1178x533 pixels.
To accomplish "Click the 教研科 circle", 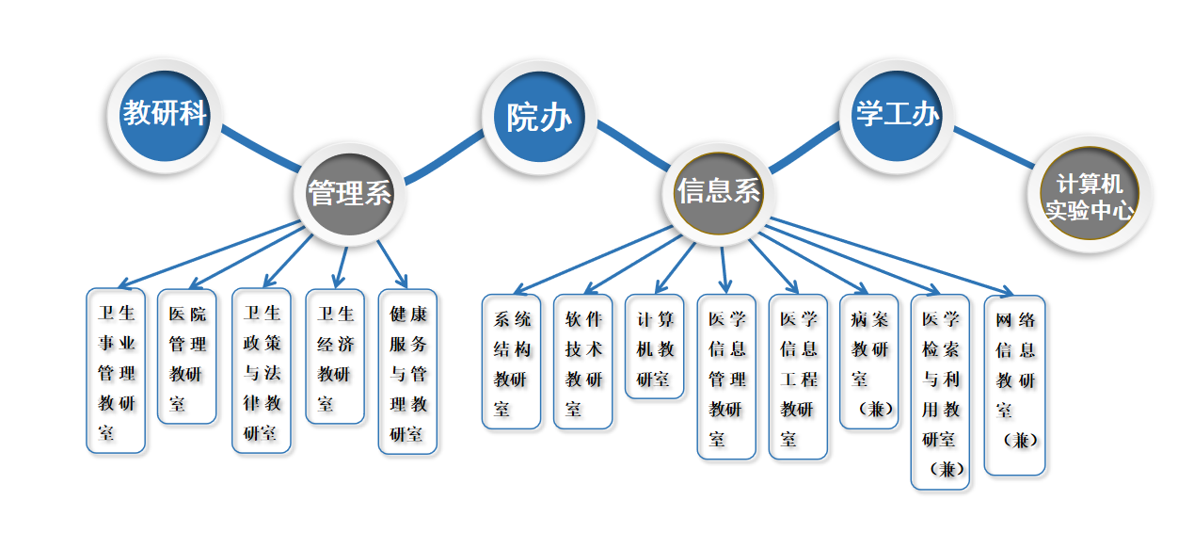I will (x=165, y=114).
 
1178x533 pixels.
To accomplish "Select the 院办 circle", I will (x=539, y=118).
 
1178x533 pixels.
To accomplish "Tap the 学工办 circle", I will (x=896, y=115).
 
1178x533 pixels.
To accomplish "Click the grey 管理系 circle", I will (x=349, y=194).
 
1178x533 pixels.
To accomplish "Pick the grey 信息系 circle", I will (x=718, y=192).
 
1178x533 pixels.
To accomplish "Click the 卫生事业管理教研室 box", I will (x=117, y=371).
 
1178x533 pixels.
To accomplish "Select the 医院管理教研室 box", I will (x=186, y=357).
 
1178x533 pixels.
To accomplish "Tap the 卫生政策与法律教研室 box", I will (x=262, y=371).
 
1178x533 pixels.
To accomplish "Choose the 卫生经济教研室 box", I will (x=335, y=357).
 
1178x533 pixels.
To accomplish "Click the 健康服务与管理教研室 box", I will (x=407, y=372).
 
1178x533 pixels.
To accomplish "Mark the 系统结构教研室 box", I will (x=512, y=363).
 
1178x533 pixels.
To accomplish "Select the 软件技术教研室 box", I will (x=583, y=363).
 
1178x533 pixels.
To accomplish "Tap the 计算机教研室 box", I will (x=655, y=347).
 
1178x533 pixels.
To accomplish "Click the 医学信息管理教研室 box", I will (x=726, y=378).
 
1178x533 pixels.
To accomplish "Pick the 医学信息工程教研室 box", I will (x=798, y=378).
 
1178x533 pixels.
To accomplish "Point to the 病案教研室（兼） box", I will (x=869, y=363).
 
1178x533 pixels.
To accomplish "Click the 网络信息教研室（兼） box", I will (x=1014, y=385).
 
